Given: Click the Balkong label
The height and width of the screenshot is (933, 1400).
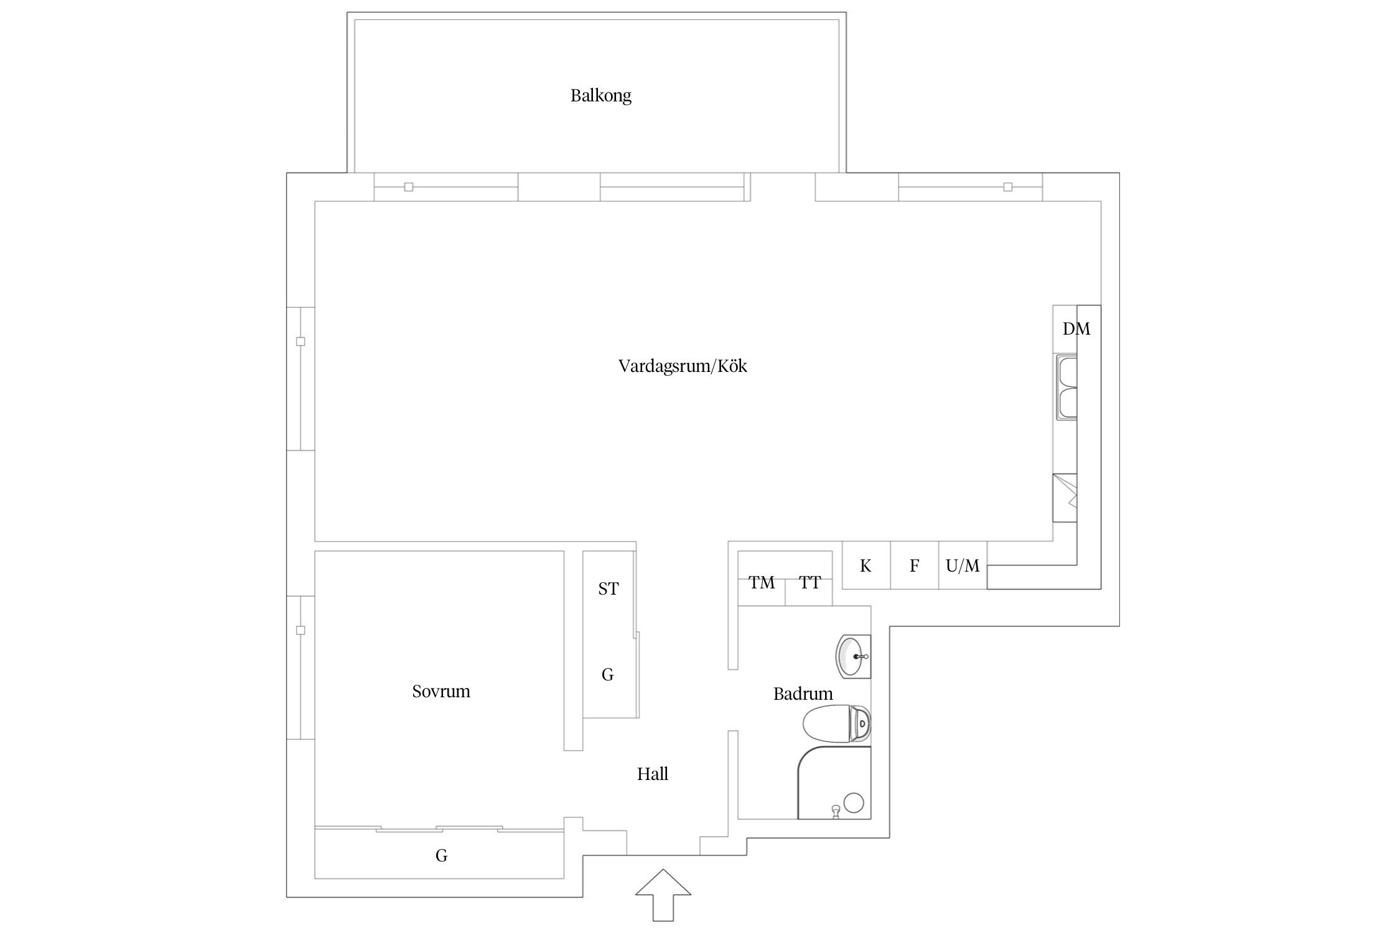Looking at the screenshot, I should tap(600, 96).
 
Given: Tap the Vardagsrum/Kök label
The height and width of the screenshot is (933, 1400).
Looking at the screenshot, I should tap(682, 366).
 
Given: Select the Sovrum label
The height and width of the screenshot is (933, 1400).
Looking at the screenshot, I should tap(441, 691).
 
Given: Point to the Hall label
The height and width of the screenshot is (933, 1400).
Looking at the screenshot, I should tap(652, 774).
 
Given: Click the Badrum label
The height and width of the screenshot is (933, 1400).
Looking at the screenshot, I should tap(802, 694).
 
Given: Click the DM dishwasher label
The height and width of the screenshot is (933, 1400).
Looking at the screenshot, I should tap(1076, 329).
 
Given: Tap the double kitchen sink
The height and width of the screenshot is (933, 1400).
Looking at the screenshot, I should tap(1066, 388).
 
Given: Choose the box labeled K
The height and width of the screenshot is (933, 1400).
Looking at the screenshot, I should tap(866, 565).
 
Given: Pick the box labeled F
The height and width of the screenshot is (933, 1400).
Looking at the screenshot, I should tap(914, 565).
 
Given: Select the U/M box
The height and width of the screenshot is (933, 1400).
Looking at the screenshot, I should tap(963, 565).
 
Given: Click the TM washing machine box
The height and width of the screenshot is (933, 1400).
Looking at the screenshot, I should tap(761, 583).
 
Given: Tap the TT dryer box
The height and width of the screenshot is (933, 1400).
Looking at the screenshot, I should tap(810, 583).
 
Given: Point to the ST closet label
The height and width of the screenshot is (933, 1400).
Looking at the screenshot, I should tap(608, 588).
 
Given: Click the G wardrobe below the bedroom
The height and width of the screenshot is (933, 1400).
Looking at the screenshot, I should tap(441, 855).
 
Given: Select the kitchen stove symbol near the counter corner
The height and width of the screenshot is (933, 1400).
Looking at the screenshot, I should tap(1065, 498).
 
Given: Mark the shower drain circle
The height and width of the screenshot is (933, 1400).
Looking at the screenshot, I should tap(854, 802).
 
